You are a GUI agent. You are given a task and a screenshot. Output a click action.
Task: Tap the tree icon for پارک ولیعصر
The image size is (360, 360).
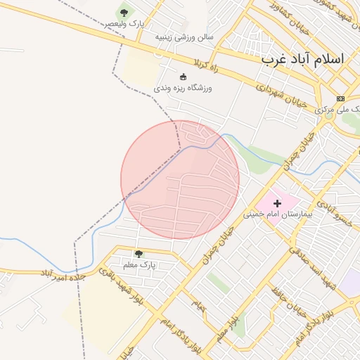click(x=124, y=13)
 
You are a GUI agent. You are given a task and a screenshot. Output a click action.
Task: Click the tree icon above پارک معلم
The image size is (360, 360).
click(x=139, y=253)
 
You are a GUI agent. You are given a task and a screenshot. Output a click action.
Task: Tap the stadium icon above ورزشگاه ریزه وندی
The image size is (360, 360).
click(x=184, y=77)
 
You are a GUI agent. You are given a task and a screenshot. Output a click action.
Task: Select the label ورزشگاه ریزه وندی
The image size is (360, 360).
click(x=183, y=88)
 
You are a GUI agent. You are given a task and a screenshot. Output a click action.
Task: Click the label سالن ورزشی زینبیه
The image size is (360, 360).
click(x=185, y=36)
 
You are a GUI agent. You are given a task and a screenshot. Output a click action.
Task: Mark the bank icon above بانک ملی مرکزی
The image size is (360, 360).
click(x=340, y=98)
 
